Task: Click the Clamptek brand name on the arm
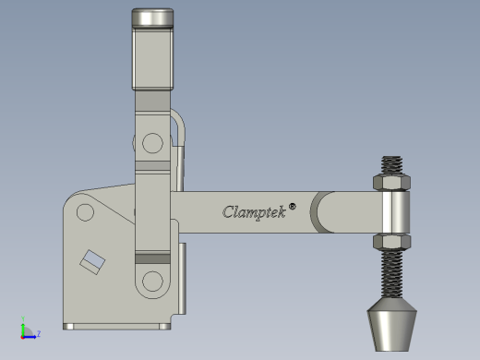[x=254, y=212]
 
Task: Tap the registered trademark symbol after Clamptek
[x=293, y=206]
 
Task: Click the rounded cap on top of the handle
[x=152, y=18]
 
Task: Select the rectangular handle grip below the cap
[x=152, y=58]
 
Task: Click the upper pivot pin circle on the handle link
[x=152, y=143]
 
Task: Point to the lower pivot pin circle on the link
[x=152, y=281]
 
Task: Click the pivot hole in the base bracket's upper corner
[x=85, y=212]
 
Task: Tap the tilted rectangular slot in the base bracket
[x=92, y=262]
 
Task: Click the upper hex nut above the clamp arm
[x=391, y=182]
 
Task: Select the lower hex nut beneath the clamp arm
[x=391, y=242]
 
